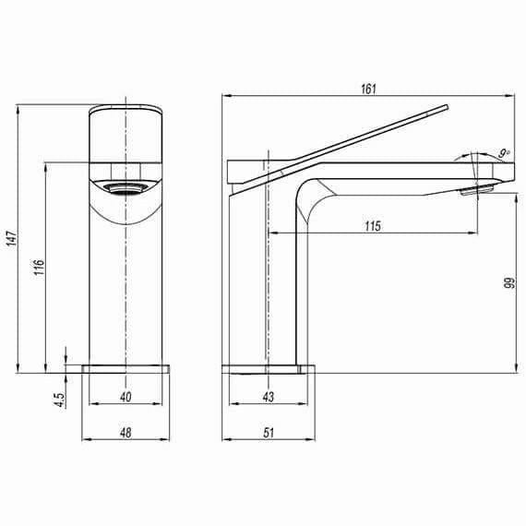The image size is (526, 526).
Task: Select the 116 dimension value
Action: (38, 267)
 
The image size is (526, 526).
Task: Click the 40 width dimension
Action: (126, 397)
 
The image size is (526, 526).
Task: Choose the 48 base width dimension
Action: (126, 431)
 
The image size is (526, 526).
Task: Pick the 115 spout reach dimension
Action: (373, 225)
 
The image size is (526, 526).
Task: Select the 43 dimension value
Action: (267, 397)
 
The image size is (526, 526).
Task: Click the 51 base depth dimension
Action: (267, 431)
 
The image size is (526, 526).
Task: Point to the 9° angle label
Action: (503, 152)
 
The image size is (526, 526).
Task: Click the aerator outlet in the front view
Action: (126, 189)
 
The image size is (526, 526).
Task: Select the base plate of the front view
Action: (126, 368)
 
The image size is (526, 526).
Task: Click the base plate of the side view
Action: (268, 369)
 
